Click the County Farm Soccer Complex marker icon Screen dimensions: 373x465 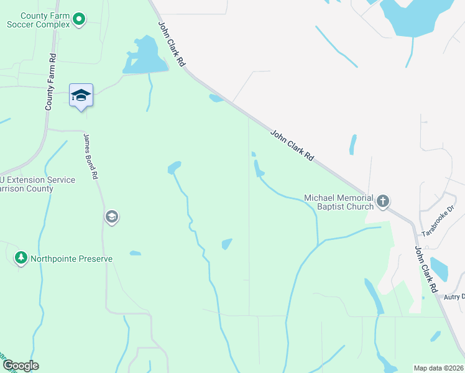tap(79, 20)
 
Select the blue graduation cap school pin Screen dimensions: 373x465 tap(81, 96)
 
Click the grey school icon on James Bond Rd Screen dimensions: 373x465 tap(112, 217)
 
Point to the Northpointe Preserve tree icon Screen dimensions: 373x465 tap(21, 258)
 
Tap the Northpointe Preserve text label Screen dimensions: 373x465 tap(72, 258)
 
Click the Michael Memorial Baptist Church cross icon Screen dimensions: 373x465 tap(383, 201)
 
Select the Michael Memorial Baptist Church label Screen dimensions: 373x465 tap(339, 202)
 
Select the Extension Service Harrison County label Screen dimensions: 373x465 tap(37, 184)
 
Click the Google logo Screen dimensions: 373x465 tap(20, 366)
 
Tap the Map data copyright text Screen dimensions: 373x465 tap(439, 368)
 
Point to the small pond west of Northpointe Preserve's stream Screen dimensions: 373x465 tap(135, 253)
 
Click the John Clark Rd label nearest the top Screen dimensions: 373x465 tap(172, 45)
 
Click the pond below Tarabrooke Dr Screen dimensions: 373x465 tap(439, 269)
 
